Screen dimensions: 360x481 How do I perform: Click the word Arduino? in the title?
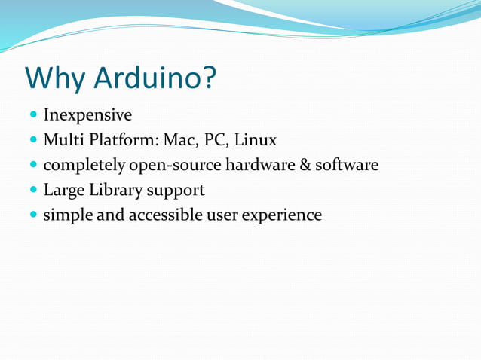(155, 78)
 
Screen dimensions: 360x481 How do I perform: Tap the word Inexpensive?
(87, 115)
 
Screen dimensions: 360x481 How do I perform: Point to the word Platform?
(120, 140)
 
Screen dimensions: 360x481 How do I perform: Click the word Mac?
(173, 140)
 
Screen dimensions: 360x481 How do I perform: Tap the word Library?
(120, 190)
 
